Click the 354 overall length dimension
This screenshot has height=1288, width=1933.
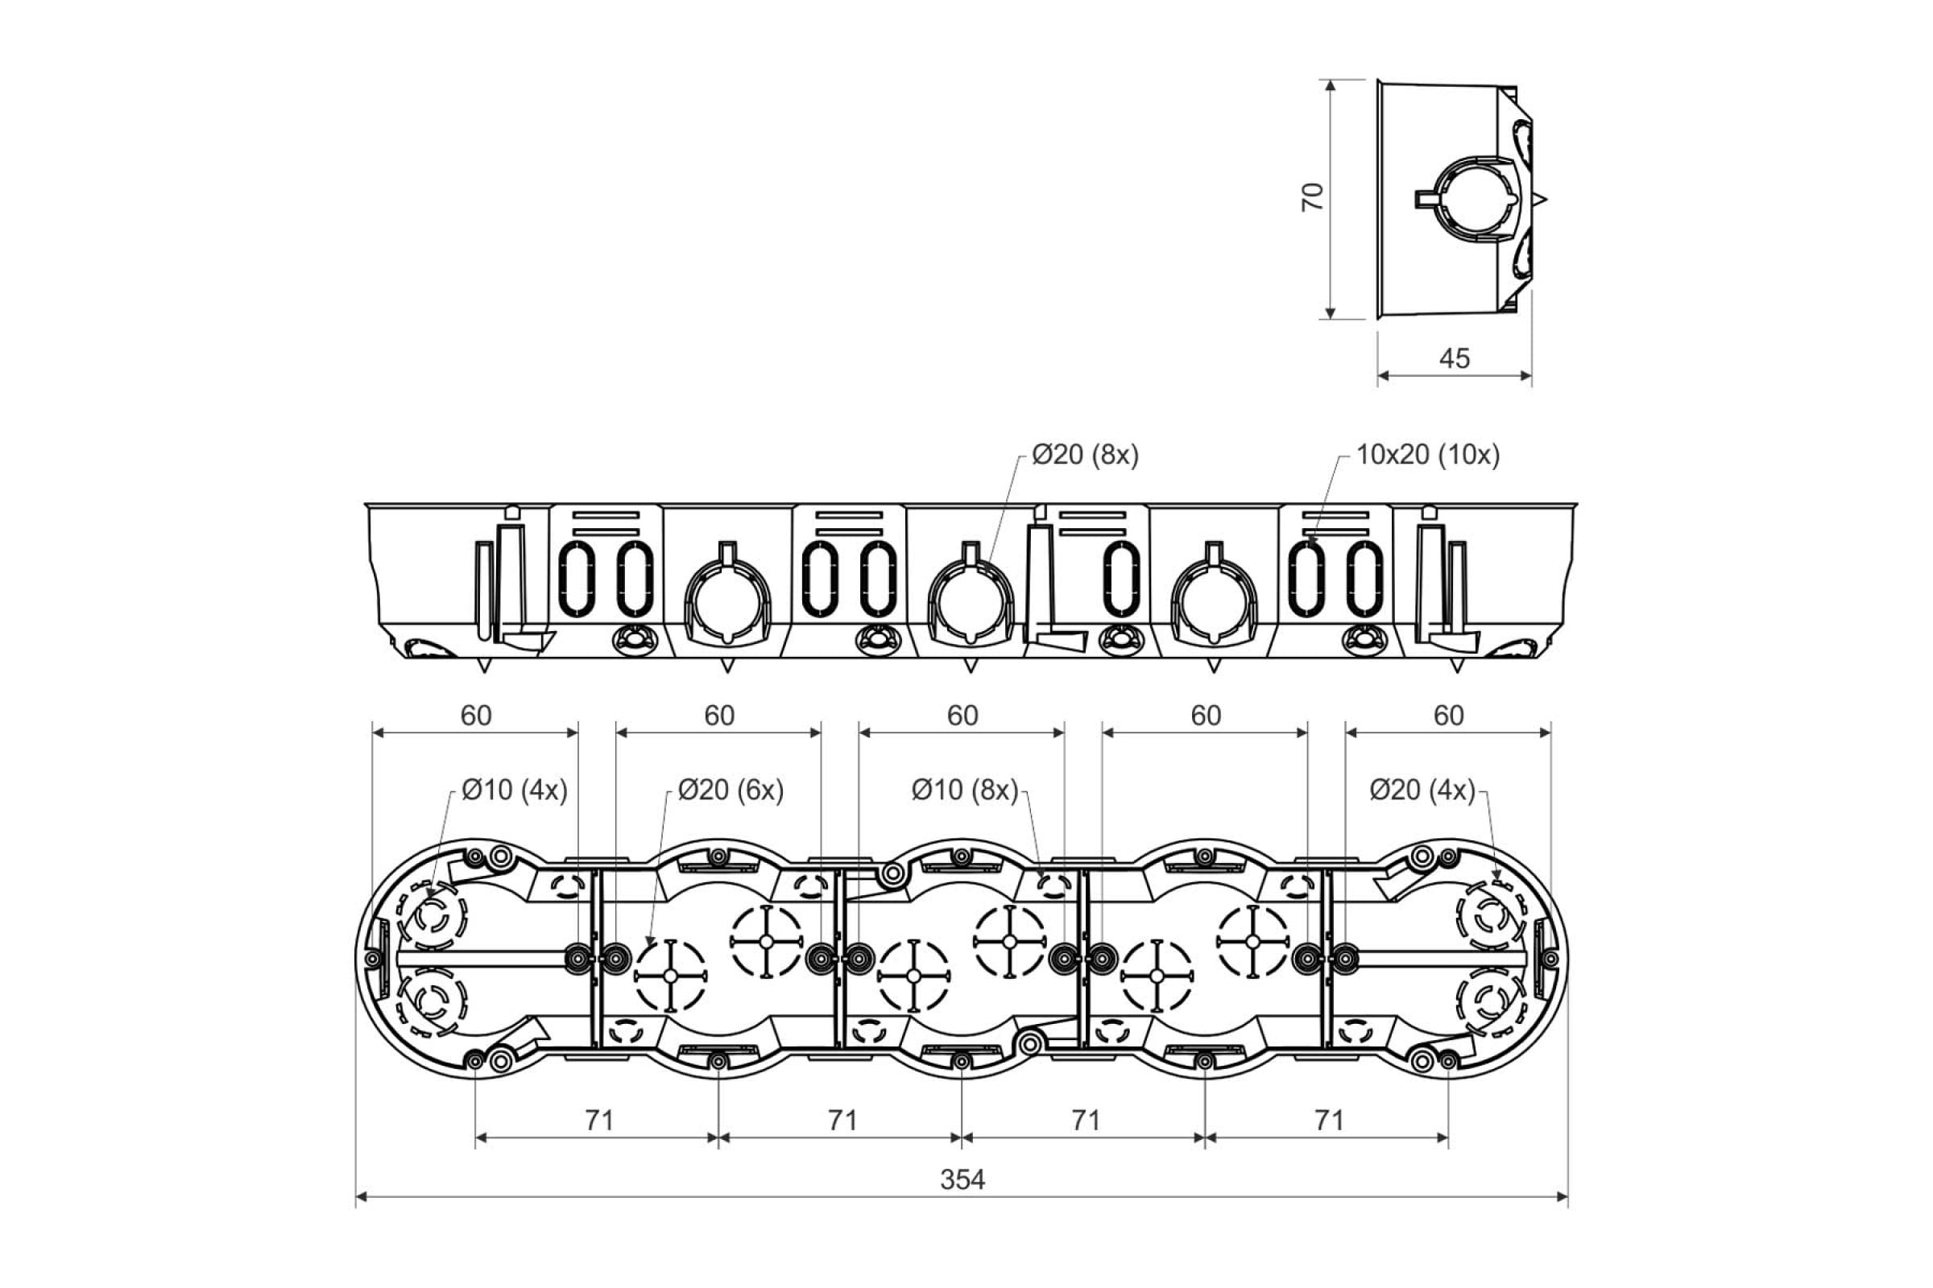point(962,1179)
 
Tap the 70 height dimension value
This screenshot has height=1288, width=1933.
point(1313,197)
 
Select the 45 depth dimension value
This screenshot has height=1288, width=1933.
point(1455,358)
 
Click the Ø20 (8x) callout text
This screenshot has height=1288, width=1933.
point(1085,454)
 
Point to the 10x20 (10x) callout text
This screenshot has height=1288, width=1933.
point(1427,454)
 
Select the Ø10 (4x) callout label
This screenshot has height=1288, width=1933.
point(515,790)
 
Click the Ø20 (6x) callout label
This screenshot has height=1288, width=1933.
point(731,790)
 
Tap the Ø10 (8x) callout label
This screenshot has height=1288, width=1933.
point(965,790)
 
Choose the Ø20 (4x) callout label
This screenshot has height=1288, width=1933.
point(1422,790)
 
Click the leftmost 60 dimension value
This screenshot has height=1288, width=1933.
point(476,716)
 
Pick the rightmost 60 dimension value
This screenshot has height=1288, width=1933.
point(1449,716)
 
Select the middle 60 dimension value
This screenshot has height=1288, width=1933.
point(962,716)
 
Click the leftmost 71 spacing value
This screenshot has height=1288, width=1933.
point(599,1120)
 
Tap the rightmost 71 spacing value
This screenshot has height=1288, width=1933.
point(1329,1120)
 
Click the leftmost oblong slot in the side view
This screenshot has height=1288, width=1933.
point(576,579)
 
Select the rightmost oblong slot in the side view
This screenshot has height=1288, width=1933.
point(1364,579)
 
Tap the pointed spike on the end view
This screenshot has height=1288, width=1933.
point(1541,199)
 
